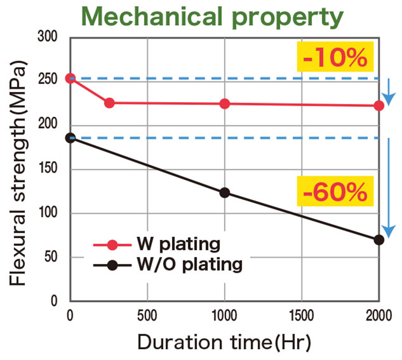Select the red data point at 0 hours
[70, 78]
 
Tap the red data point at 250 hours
[109, 103]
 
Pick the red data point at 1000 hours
[225, 104]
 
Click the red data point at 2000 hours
[379, 106]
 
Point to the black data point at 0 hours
[70, 138]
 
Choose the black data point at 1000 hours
[225, 193]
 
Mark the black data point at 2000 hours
[379, 240]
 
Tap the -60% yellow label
[335, 191]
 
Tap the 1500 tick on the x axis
[302, 315]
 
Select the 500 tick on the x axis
[147, 315]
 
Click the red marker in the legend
[113, 244]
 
